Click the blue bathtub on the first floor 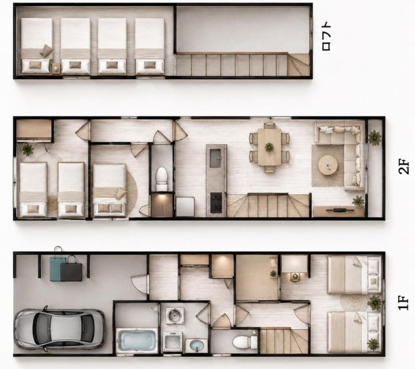click(136, 340)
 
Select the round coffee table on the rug click(328, 165)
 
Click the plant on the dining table click(269, 147)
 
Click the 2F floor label click(403, 167)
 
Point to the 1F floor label click(403, 303)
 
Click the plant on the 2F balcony click(374, 138)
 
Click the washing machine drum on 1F click(175, 315)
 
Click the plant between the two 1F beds click(374, 302)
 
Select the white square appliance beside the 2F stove click(185, 207)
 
